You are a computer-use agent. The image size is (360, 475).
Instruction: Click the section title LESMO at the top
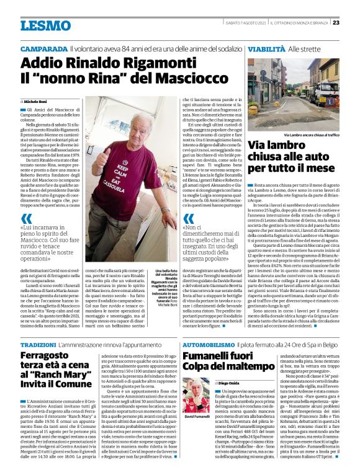point(45,25)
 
